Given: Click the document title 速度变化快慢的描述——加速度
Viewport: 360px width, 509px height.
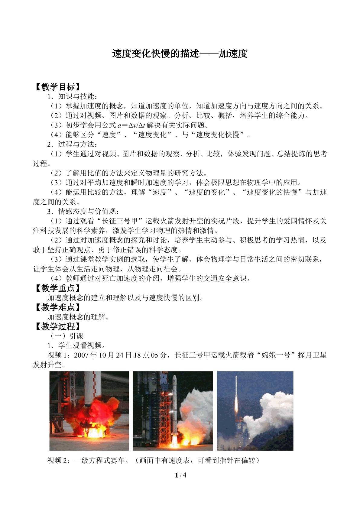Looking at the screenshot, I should click(180, 54).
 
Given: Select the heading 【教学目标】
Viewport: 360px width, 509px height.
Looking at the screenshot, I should click(57, 87).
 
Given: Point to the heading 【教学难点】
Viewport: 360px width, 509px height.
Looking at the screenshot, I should click(57, 307).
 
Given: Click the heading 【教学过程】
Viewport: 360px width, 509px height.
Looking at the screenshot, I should click(57, 326).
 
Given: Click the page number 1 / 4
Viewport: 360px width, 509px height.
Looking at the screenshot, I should click(180, 475).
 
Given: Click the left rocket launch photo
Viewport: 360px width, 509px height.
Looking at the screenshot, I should click(89, 411).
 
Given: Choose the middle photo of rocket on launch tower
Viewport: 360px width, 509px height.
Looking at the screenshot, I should click(173, 411).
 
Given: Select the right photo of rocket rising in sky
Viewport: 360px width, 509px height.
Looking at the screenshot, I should click(255, 411).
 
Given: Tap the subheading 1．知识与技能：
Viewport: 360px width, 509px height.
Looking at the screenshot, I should click(73, 97).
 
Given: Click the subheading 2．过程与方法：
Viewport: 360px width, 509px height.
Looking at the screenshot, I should click(73, 144).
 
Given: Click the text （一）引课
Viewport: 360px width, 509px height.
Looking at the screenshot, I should click(66, 336).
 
